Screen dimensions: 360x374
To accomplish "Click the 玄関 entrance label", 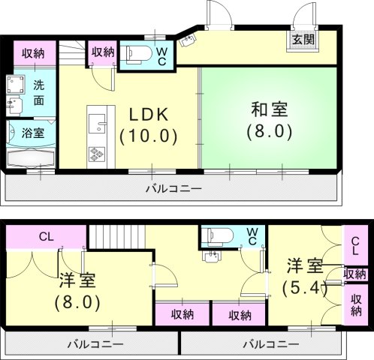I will [303, 40].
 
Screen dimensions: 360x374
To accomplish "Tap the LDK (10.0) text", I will [149, 125].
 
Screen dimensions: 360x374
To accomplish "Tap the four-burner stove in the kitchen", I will [97, 154].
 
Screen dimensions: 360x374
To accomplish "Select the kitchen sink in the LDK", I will [97, 121].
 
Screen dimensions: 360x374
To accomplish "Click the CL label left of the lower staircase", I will [44, 237].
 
